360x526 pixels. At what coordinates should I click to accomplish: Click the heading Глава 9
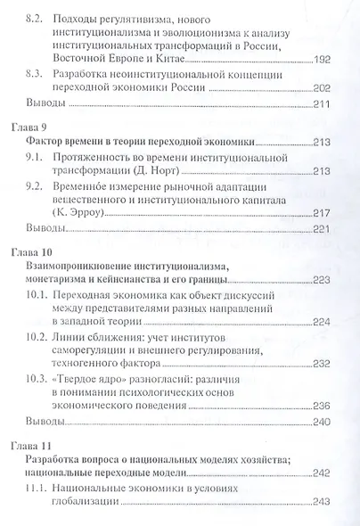[x=45, y=129]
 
